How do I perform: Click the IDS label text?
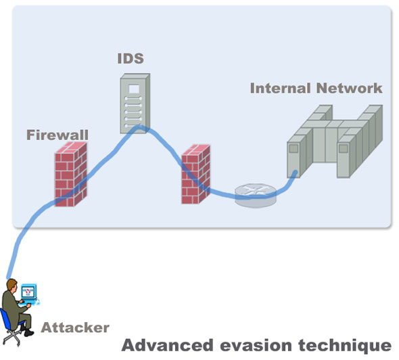(x=131, y=58)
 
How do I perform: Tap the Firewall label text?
(x=57, y=135)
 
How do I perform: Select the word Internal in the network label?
(x=281, y=88)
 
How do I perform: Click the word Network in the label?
(x=349, y=88)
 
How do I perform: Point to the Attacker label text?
(x=75, y=328)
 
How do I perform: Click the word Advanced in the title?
(x=167, y=346)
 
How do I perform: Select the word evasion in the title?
(x=256, y=346)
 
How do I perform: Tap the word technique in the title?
(x=345, y=346)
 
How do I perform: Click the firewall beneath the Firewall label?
(x=71, y=174)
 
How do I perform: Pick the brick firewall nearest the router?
(x=195, y=174)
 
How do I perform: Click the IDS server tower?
(x=135, y=104)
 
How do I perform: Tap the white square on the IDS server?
(x=134, y=89)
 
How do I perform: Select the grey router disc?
(x=256, y=196)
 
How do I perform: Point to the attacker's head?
(x=11, y=284)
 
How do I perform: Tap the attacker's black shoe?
(x=28, y=332)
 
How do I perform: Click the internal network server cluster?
(x=335, y=141)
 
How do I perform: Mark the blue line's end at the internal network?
(x=295, y=173)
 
